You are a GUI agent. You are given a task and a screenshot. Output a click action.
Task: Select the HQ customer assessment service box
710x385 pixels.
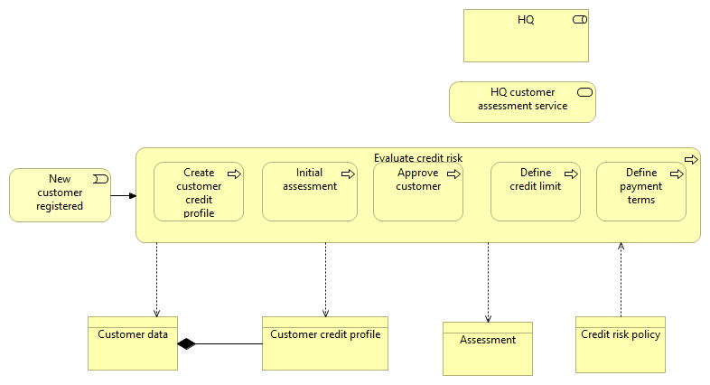[x=522, y=101]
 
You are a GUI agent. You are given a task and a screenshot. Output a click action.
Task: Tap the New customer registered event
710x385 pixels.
[x=60, y=194]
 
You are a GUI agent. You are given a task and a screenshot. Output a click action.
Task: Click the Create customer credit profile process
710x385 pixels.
[x=199, y=192]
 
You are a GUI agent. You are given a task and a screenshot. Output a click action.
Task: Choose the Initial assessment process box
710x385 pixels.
[x=309, y=192]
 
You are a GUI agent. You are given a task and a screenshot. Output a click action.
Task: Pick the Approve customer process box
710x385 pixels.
[x=417, y=192]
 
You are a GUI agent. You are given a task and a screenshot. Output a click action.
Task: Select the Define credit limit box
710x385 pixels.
[x=535, y=192]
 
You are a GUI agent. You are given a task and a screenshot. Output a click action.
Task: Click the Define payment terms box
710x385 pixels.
[x=640, y=192]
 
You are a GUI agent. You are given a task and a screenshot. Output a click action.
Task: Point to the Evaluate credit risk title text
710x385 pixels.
[x=417, y=158]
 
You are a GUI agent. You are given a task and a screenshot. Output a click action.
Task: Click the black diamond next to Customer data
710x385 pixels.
[x=187, y=343]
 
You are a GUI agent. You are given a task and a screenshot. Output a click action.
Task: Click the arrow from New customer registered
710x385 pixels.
[x=124, y=195]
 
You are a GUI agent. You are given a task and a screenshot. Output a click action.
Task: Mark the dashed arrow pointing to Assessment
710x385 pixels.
[x=488, y=280]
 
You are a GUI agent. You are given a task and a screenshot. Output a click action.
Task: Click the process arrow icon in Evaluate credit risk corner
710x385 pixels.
[x=691, y=159]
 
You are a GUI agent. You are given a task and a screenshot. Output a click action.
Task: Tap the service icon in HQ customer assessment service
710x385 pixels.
[x=584, y=92]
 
